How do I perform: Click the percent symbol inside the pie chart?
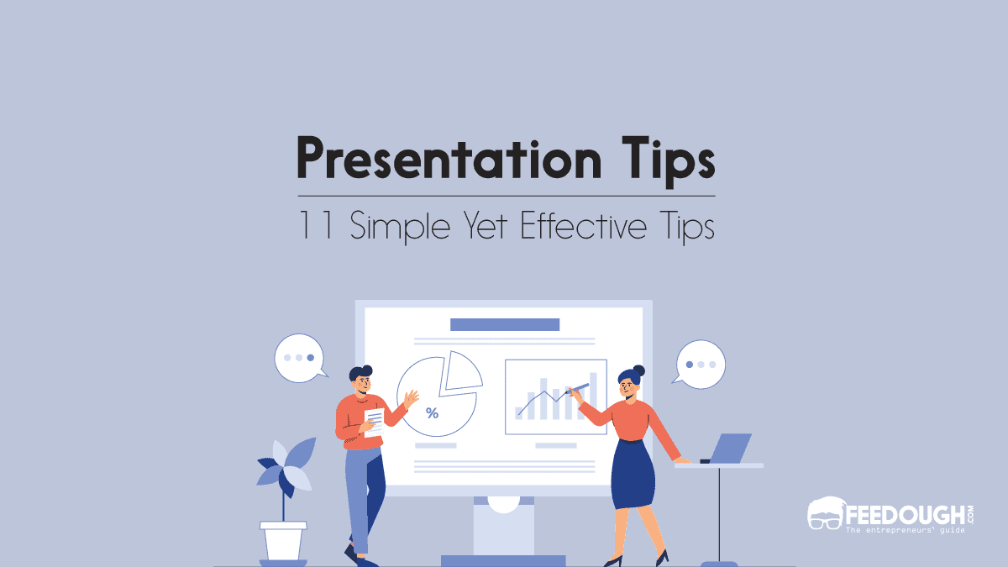[x=432, y=412]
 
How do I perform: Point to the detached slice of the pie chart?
[x=463, y=370]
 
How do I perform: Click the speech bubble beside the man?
[x=299, y=359]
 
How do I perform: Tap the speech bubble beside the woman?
[x=701, y=365]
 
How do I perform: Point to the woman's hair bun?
[x=638, y=370]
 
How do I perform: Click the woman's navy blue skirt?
[x=632, y=475]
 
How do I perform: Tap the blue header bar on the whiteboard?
[x=504, y=324]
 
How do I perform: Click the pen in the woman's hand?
[x=577, y=389]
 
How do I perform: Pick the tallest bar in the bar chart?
[x=593, y=396]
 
